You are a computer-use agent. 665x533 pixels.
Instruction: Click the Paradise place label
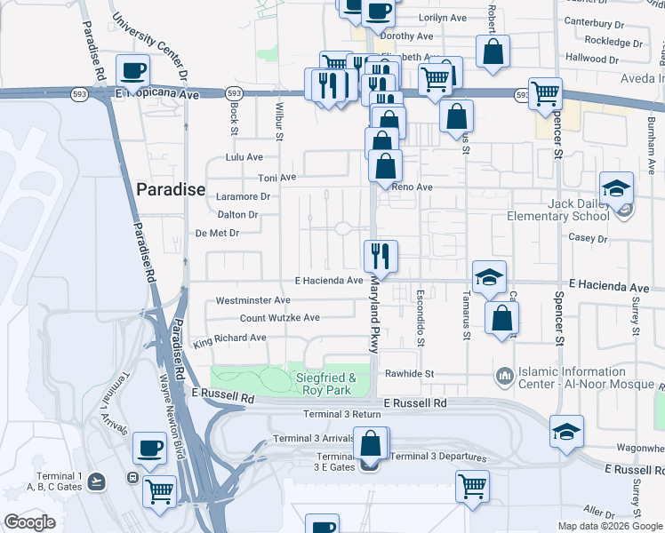[171, 189]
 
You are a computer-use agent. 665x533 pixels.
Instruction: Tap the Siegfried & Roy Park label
[324, 383]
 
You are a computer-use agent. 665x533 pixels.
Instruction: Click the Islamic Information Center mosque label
[574, 378]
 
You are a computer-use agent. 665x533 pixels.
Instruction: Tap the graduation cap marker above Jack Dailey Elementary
[616, 188]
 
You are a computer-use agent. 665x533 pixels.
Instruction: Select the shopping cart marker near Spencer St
[545, 93]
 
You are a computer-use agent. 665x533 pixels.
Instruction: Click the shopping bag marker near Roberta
[493, 52]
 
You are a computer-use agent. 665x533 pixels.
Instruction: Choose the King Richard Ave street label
[229, 338]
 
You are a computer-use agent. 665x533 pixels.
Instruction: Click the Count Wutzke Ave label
[279, 317]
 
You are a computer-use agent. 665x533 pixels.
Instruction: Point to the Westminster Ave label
[253, 300]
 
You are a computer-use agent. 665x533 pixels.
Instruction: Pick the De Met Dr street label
[217, 233]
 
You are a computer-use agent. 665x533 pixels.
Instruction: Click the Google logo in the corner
[29, 522]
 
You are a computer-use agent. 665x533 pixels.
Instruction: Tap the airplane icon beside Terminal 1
[97, 480]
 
